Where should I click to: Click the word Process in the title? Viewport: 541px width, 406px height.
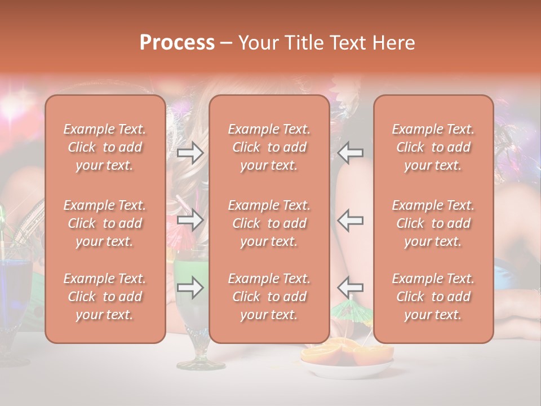tap(177, 43)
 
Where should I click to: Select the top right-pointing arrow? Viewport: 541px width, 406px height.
tap(190, 153)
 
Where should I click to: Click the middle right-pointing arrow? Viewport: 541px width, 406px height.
tap(190, 220)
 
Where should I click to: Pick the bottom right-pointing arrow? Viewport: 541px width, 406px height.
tap(190, 288)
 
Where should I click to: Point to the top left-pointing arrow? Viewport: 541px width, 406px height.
tap(351, 153)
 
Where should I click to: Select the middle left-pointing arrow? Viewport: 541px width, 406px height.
tap(351, 220)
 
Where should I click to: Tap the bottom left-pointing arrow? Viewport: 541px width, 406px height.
tap(351, 288)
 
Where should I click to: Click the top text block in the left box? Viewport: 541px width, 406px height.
tap(105, 147)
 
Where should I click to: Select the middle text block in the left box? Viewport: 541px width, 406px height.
tap(105, 223)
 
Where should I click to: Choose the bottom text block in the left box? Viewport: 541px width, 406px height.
tap(105, 297)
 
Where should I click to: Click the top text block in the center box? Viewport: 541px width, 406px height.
tap(269, 147)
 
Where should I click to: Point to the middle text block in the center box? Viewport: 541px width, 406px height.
tap(269, 223)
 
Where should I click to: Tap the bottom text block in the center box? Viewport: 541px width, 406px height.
tap(269, 297)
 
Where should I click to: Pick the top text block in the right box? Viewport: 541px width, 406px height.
tap(433, 147)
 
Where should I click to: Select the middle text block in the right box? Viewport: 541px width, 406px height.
tap(433, 223)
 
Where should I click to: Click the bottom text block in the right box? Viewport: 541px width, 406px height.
tap(433, 297)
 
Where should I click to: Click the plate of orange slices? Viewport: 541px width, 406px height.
tap(347, 361)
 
